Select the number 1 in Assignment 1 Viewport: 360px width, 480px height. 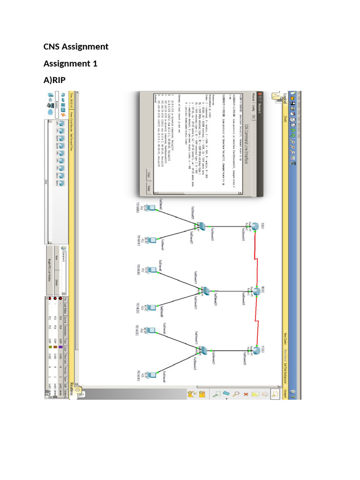[95, 64]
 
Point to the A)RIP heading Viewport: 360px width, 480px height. [55, 81]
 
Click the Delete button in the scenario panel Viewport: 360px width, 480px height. [58, 282]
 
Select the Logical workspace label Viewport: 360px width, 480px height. [285, 99]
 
